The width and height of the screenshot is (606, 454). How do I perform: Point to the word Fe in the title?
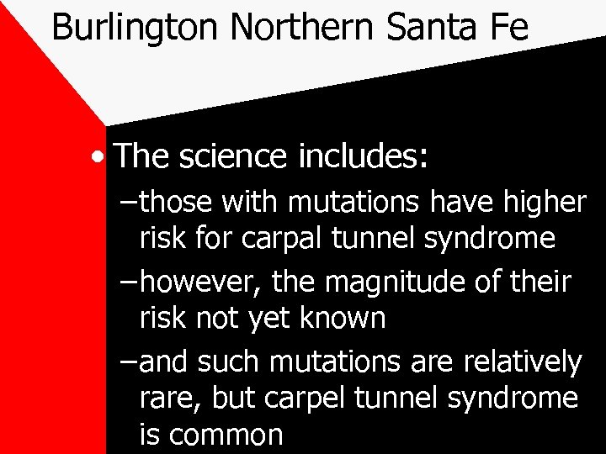(508, 27)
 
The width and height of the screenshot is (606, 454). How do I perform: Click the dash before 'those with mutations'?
(127, 202)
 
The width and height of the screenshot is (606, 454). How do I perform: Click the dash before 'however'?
(127, 281)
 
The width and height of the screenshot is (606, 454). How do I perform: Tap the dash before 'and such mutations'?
(127, 363)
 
